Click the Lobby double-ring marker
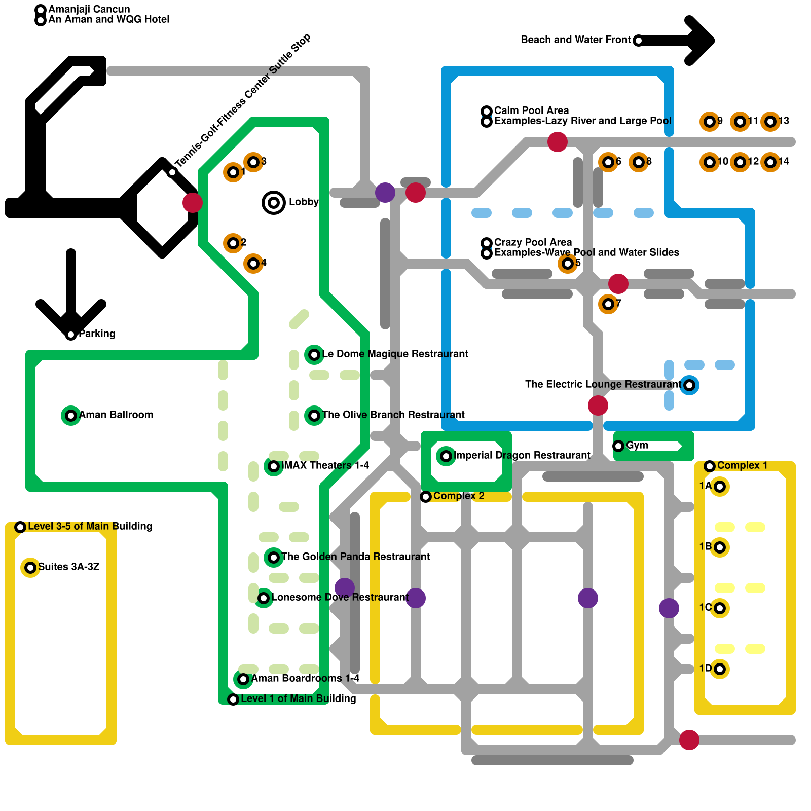pos(274,203)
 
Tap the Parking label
pos(97,334)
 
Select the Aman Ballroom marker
pos(71,416)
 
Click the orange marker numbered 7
pos(608,304)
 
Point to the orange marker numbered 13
pos(770,122)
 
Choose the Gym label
pos(637,446)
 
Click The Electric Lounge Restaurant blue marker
pos(689,385)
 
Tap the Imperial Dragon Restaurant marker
pos(446,456)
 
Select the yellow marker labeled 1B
pos(720,547)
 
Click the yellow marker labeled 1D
pos(720,669)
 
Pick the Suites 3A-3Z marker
pos(30,568)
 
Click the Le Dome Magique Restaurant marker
pos(314,355)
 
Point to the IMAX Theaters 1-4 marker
pos(274,466)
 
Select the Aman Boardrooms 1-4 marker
pos(243,679)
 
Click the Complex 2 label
pos(459,496)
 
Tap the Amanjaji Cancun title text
pos(89,10)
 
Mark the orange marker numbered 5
pos(568,264)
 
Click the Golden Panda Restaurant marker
pos(274,558)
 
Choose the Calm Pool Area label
pos(531,111)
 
